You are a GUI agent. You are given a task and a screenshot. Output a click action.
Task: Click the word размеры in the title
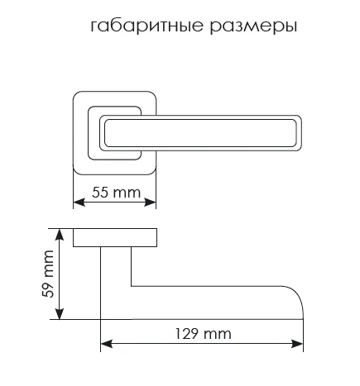[253, 27]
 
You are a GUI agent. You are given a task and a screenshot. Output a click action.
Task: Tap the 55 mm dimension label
[116, 193]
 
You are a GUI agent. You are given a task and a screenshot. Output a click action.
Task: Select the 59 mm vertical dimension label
[48, 274]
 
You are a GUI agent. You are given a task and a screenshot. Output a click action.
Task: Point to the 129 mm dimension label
[204, 334]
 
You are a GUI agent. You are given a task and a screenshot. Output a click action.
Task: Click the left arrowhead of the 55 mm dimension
[79, 203]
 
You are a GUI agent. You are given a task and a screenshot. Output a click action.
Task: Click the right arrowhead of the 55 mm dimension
[151, 203]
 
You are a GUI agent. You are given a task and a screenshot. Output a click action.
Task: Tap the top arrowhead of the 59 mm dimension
[60, 234]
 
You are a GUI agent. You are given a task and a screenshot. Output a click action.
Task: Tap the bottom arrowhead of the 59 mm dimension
[60, 314]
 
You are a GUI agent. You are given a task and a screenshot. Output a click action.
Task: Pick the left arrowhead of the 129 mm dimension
[107, 344]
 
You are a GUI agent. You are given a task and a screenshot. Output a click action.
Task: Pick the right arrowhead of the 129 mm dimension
[297, 344]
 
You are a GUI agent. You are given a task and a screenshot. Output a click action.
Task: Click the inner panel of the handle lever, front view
[200, 133]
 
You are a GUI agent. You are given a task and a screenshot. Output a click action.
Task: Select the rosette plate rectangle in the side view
[115, 237]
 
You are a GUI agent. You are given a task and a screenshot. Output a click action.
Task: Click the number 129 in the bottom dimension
[187, 334]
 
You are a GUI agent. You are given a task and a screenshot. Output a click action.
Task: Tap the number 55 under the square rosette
[99, 193]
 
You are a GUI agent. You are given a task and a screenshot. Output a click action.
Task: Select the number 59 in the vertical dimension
[48, 290]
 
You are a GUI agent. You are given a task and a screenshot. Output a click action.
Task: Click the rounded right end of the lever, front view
[301, 133]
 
